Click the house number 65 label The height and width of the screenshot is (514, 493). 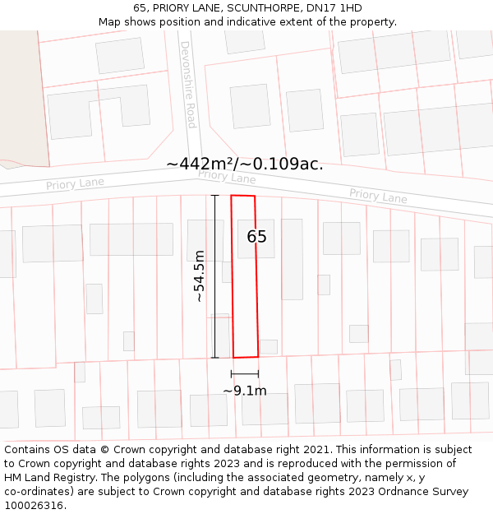click(x=256, y=237)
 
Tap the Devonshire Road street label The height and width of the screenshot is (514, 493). click(x=189, y=84)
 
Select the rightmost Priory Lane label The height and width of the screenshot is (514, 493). click(x=378, y=196)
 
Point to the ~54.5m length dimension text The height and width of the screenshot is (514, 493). click(x=199, y=276)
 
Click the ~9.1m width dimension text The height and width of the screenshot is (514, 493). click(x=245, y=391)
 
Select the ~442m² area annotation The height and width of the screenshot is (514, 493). click(x=244, y=164)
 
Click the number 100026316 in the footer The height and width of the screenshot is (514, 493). click(x=33, y=506)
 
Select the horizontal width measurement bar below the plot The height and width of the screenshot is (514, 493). click(x=245, y=374)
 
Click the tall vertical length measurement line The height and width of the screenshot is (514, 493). click(x=214, y=276)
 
